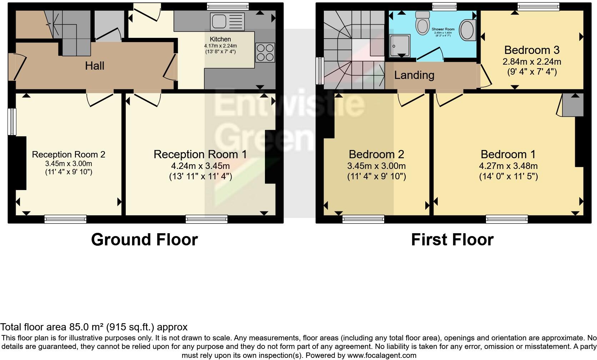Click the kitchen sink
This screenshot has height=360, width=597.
(x=227, y=21)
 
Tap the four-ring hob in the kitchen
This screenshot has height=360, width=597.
(x=265, y=52)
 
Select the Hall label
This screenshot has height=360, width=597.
(x=95, y=66)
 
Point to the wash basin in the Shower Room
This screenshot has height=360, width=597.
(x=467, y=30)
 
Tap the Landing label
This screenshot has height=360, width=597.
(x=414, y=75)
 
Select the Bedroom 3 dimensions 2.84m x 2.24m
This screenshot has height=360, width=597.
(x=532, y=61)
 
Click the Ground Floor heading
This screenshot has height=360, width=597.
(x=144, y=239)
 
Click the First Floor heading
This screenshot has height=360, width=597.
(x=452, y=239)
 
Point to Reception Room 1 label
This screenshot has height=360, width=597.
(x=200, y=154)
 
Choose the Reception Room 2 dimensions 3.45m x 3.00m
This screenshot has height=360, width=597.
(x=69, y=164)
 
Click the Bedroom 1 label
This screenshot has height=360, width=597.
(x=508, y=154)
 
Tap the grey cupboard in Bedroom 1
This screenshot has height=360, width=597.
(x=572, y=105)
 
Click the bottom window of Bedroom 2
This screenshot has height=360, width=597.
(x=363, y=219)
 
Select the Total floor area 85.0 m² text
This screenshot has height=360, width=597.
(x=94, y=327)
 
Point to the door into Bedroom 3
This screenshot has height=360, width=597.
(x=484, y=76)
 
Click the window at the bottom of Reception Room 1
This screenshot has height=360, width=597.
(x=206, y=219)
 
